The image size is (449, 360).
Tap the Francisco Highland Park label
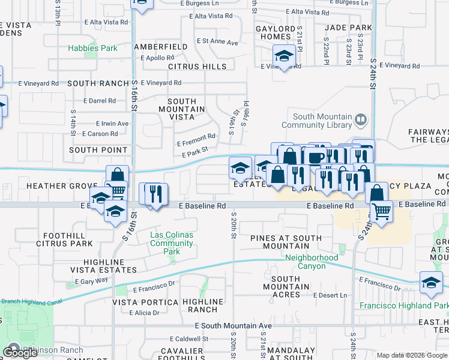point(404,305)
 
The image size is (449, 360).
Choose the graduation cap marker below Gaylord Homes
point(283,57)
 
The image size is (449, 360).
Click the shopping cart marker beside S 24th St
point(381,211)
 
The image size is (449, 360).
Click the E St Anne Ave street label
point(218,43)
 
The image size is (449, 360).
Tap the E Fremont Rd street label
point(196,143)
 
